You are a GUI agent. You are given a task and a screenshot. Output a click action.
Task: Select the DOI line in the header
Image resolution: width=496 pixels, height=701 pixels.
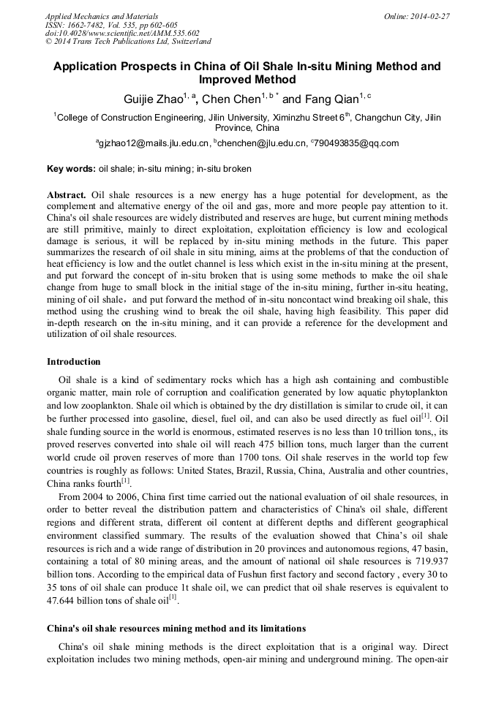pos(122,34)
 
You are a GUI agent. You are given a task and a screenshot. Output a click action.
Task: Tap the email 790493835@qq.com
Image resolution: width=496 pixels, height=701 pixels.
pos(356,143)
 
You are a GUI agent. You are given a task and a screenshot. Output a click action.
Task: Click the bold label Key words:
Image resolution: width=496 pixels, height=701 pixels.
pos(71,169)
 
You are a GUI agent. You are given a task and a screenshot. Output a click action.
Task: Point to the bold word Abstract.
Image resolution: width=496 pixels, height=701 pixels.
pos(67,195)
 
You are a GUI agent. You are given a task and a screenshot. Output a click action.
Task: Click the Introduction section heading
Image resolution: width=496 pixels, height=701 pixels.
pos(73,362)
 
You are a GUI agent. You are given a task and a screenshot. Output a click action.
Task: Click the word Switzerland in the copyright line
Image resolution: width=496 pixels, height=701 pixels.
pos(186,42)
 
